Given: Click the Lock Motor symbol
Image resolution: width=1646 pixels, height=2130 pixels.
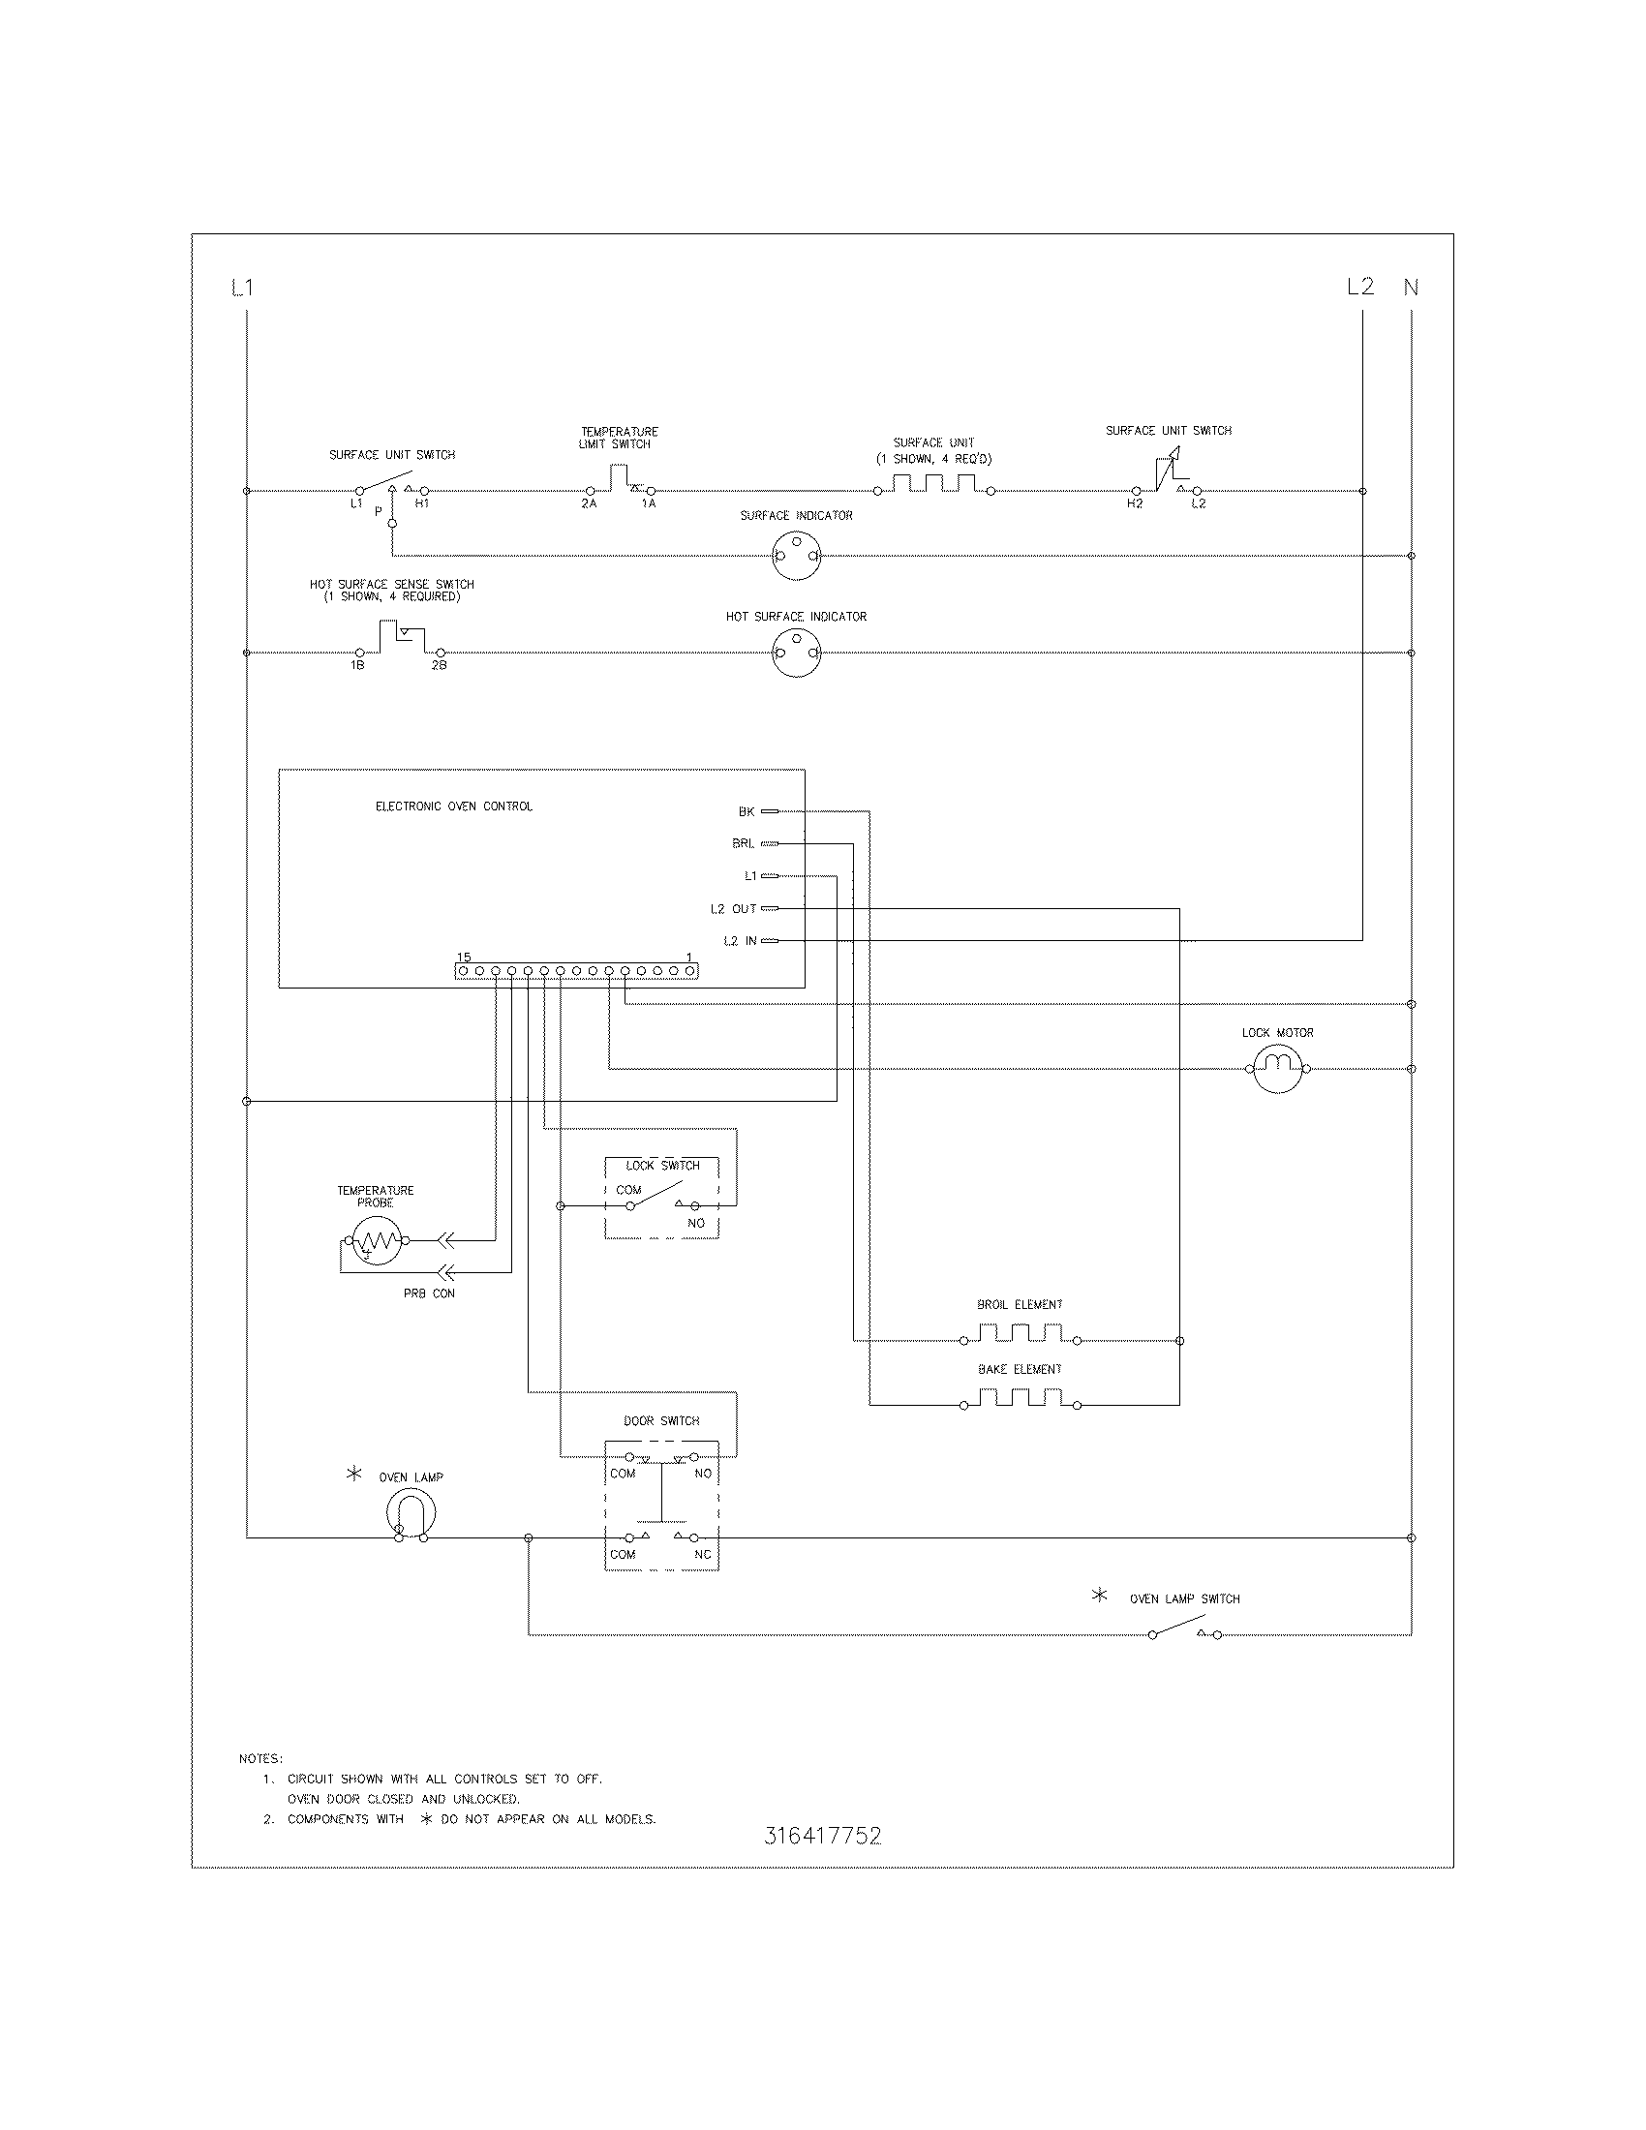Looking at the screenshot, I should [1277, 1069].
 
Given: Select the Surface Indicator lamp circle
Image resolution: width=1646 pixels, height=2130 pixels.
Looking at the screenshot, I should [797, 557].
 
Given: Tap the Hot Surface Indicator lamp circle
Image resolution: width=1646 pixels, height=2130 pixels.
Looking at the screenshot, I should [797, 653].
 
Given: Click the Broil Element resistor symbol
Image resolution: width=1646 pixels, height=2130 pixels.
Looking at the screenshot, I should [1020, 1334].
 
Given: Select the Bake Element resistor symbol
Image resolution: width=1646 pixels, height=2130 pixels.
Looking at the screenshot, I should [1020, 1399].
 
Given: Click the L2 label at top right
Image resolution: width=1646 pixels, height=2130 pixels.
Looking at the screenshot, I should [1360, 287].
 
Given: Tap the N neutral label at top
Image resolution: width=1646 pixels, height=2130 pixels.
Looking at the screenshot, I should [1411, 288].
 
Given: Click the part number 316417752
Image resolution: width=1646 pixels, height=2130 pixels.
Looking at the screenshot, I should [823, 1837].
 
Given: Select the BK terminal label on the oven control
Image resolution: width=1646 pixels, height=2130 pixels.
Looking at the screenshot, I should [746, 811].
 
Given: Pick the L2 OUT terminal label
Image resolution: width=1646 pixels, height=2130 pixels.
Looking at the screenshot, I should [733, 909].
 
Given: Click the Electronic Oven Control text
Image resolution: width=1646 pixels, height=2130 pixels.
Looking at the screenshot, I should [453, 806].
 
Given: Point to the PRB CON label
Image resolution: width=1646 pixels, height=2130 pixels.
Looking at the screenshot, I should [429, 1294].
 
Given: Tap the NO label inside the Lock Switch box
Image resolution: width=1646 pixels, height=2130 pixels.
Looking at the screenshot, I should [696, 1223].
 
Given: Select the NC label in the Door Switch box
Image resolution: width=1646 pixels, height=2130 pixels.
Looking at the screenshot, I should [703, 1555].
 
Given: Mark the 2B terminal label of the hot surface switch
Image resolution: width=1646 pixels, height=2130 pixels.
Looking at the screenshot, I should [439, 665].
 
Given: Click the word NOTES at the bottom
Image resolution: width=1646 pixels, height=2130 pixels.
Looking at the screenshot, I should [260, 1759].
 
